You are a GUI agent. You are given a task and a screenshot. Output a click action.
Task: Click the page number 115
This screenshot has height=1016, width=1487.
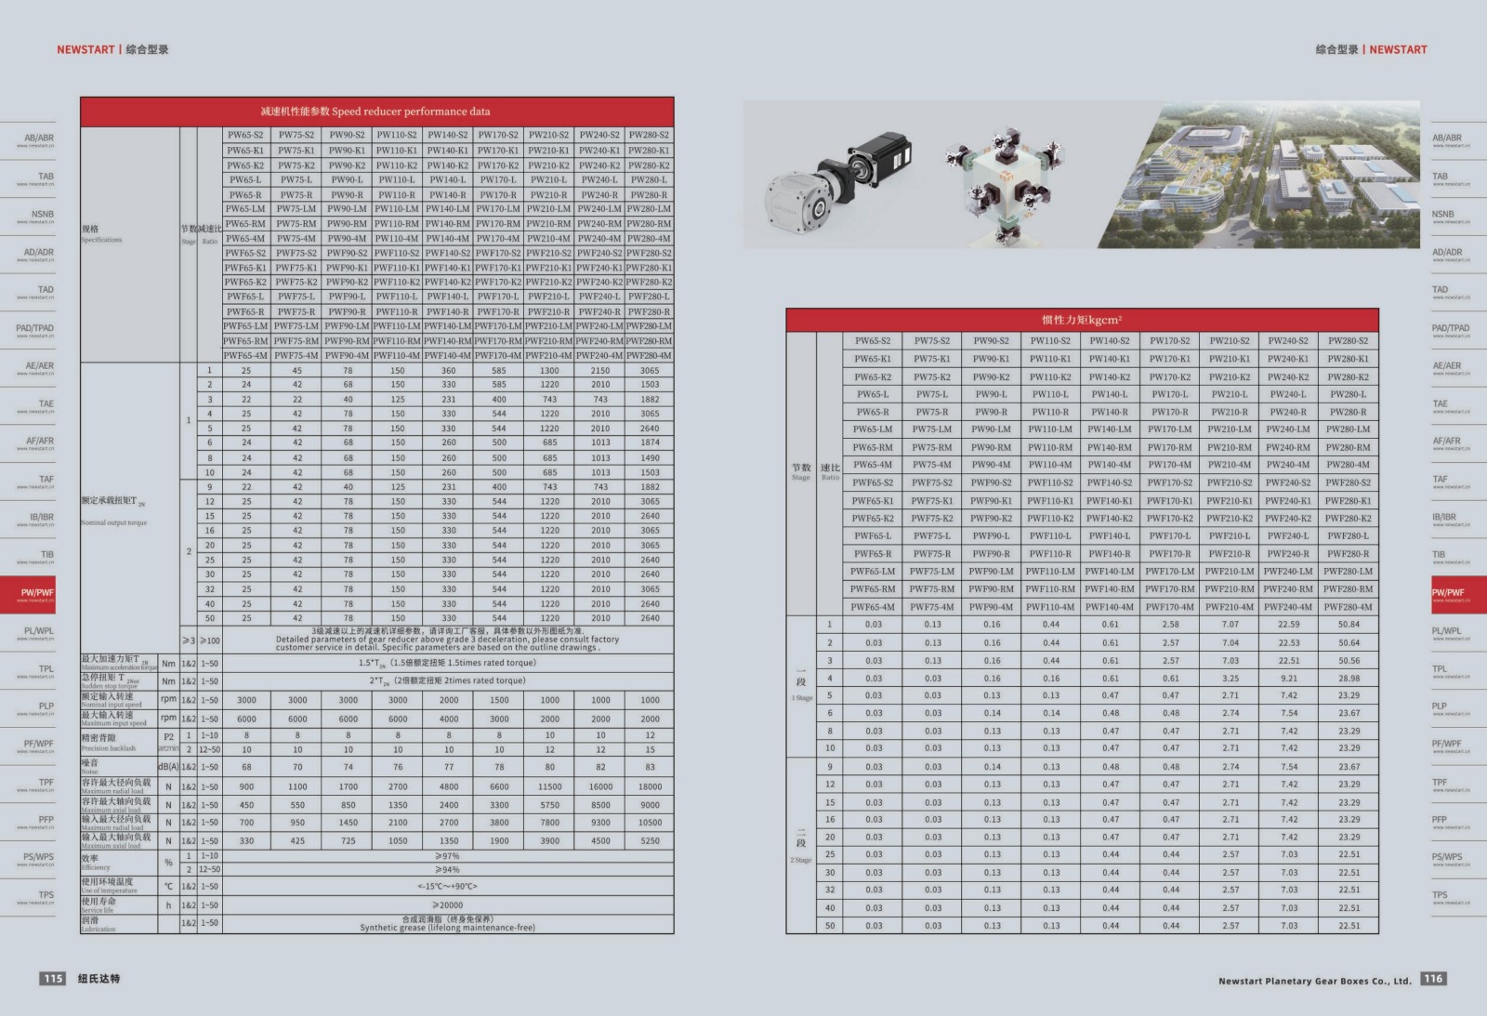click(x=53, y=978)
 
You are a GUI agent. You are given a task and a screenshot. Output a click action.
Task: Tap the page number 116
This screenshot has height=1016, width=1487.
click(x=1433, y=978)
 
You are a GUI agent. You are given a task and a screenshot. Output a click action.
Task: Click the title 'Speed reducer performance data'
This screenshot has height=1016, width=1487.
click(x=375, y=112)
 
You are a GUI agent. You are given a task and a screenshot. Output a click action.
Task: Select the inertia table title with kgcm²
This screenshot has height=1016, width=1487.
click(x=1082, y=320)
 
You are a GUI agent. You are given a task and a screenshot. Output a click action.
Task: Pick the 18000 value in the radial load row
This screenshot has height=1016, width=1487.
click(x=650, y=786)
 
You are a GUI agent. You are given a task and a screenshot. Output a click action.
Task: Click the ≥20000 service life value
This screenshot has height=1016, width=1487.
click(x=447, y=904)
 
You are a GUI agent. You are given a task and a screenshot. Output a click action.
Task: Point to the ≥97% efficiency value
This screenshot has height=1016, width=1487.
click(x=447, y=856)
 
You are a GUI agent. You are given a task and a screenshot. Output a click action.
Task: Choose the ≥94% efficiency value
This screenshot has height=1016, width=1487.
click(x=447, y=870)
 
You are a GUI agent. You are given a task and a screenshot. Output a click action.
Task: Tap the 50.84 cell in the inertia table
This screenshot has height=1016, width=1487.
click(x=1349, y=625)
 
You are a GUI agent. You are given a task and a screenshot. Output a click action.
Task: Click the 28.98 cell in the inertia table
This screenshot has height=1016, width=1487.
click(x=1349, y=679)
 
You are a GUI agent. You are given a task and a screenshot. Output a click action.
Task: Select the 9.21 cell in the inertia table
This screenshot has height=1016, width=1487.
click(x=1288, y=679)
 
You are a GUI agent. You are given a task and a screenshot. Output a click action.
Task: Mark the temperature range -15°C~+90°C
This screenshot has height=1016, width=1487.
click(x=447, y=886)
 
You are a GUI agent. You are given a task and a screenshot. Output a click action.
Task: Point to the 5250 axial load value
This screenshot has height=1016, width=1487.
click(x=650, y=840)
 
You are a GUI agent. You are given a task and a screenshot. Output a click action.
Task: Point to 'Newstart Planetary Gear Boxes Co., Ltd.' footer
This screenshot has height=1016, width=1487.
click(x=1314, y=981)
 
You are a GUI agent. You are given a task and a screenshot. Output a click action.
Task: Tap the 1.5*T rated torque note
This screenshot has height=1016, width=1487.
click(x=447, y=663)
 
